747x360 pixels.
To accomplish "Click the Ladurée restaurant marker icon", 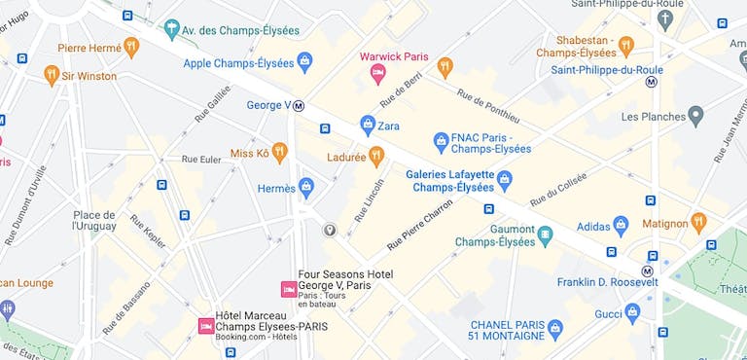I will point(376,157).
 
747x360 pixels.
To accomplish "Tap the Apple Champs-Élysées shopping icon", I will point(304,62).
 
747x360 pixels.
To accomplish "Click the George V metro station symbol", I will point(300,106).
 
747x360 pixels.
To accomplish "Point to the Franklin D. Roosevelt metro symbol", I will point(647,270).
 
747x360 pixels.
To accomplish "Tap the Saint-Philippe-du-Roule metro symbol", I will point(652,83).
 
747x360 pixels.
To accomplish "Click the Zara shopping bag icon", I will point(367,125).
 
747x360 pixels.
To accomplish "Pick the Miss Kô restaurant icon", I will point(279,152).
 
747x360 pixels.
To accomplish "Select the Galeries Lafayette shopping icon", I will point(504,180).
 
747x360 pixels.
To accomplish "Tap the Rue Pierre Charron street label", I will point(420,226).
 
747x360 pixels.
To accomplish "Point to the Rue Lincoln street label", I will point(369,200).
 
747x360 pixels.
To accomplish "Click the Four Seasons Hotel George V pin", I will point(288,289).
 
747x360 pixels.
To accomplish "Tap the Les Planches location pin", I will point(694,117).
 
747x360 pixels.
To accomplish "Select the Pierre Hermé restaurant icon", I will point(131,47).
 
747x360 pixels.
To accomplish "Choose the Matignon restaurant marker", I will point(698,223).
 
